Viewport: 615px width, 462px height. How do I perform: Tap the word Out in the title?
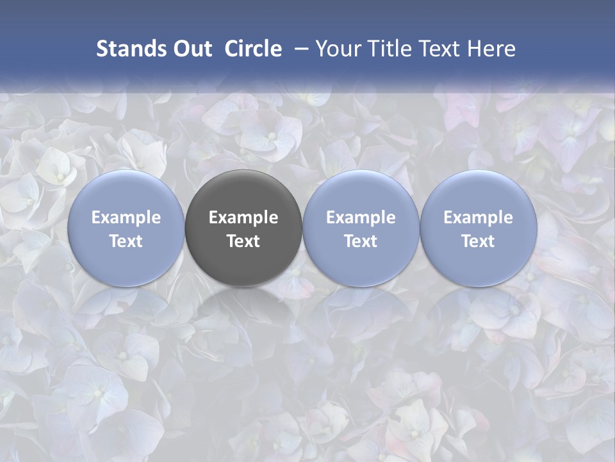point(190,49)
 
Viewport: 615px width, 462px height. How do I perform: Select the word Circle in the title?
point(253,49)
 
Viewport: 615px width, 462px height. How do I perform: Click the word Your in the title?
point(337,49)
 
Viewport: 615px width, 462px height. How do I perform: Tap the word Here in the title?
point(491,49)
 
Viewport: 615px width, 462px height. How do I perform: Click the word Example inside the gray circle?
point(243,218)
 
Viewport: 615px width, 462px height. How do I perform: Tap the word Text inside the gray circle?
point(243,241)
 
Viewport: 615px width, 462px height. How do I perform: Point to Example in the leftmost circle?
point(126,218)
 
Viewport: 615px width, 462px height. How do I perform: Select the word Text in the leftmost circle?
point(126,241)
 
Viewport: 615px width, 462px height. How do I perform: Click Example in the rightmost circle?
point(479,218)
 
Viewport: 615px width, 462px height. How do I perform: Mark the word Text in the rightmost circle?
point(479,241)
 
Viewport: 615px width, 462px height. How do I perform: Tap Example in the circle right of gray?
point(361,218)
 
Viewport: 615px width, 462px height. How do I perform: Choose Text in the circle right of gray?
point(361,241)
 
